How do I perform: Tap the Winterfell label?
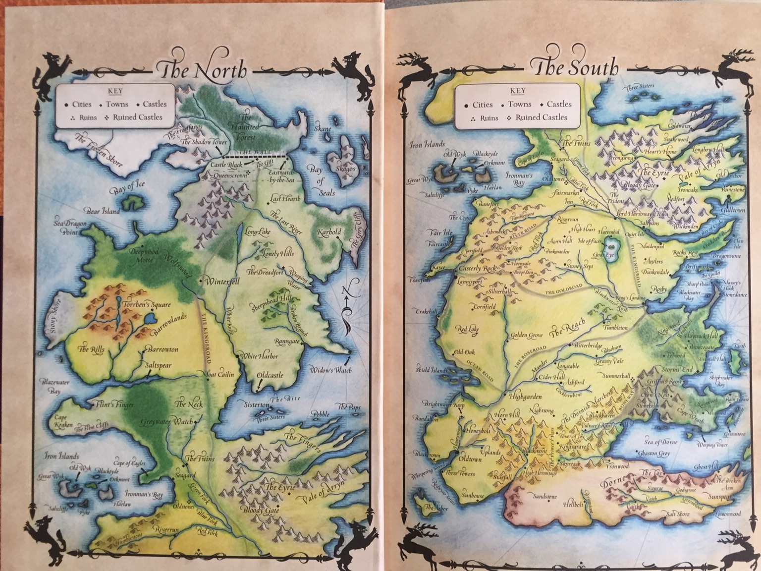221,281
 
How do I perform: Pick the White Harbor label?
259,356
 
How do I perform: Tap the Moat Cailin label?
219,375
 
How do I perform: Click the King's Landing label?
630,298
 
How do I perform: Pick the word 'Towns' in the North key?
116,105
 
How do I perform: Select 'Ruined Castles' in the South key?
541,117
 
